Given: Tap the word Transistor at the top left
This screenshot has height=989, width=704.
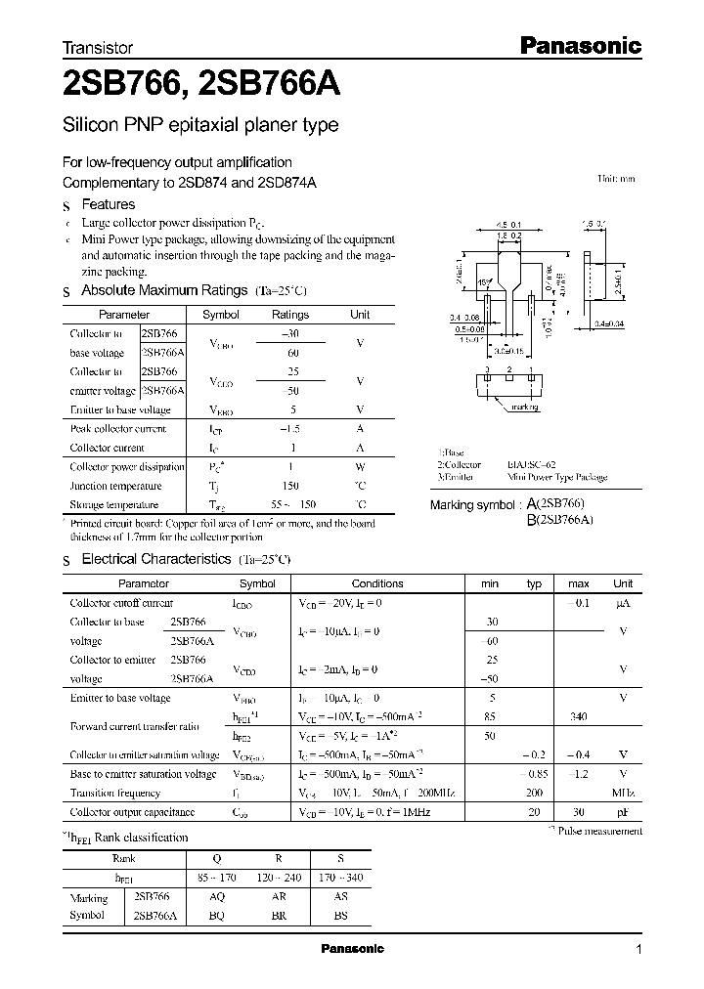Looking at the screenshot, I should [x=97, y=47].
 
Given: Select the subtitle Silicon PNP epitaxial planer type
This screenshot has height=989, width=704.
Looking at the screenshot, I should [x=200, y=125].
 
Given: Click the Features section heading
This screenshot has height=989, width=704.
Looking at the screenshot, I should [x=108, y=204].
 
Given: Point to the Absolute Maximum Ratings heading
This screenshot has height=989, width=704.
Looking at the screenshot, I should [x=163, y=290].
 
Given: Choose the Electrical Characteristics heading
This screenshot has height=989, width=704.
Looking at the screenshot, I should [x=156, y=559].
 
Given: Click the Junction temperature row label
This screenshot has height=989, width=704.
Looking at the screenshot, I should [x=115, y=486].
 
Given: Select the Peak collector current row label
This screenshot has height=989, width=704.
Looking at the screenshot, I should [x=118, y=428].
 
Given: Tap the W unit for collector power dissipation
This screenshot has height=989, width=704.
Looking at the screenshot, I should [x=360, y=467].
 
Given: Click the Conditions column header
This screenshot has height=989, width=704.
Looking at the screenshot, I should [x=376, y=583].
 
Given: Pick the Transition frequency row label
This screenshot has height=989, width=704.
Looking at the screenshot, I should [x=115, y=794].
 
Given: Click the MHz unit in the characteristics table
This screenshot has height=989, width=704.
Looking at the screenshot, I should [x=622, y=794].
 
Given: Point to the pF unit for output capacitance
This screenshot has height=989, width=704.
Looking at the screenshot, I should [x=623, y=812].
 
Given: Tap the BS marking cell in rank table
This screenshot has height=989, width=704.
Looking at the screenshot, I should [x=339, y=917].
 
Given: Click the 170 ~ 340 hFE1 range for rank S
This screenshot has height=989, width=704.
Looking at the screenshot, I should [x=339, y=878].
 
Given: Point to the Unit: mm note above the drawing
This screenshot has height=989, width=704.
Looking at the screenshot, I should [x=616, y=180].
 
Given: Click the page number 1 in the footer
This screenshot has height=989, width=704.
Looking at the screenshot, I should [x=638, y=950].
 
